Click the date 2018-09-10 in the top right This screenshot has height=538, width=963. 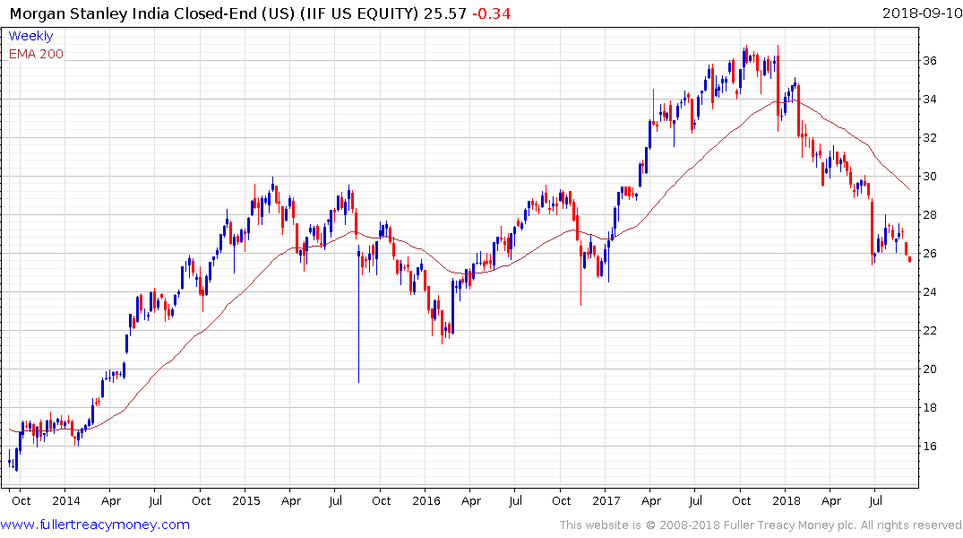(920, 13)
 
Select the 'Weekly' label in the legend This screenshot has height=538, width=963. (30, 36)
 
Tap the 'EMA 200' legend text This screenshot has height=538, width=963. (36, 53)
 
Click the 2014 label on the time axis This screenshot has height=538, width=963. (66, 500)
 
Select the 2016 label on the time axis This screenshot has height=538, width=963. (426, 500)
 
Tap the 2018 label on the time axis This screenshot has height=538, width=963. (786, 500)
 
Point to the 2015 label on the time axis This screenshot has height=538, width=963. (245, 500)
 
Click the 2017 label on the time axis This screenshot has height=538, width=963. (606, 500)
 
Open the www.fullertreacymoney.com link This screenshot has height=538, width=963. (96, 525)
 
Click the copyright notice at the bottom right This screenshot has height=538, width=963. (761, 525)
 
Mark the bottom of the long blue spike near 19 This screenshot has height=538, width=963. (358, 381)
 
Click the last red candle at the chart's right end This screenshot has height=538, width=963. (910, 259)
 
